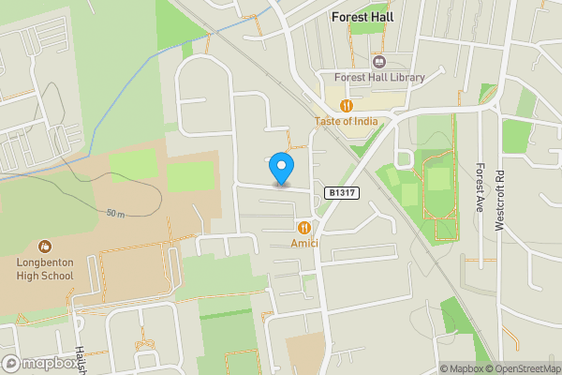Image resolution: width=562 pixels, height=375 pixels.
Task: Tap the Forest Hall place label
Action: (362, 17)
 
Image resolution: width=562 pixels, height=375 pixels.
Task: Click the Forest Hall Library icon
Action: (379, 61)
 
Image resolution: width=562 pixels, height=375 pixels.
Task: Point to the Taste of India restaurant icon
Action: (347, 106)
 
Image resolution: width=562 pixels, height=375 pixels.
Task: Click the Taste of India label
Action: (346, 122)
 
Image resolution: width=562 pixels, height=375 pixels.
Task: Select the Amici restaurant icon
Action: (303, 228)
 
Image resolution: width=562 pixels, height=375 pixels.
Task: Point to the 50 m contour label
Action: (115, 214)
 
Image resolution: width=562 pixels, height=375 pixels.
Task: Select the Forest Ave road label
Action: (480, 187)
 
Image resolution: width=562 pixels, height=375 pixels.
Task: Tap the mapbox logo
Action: (39, 363)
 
